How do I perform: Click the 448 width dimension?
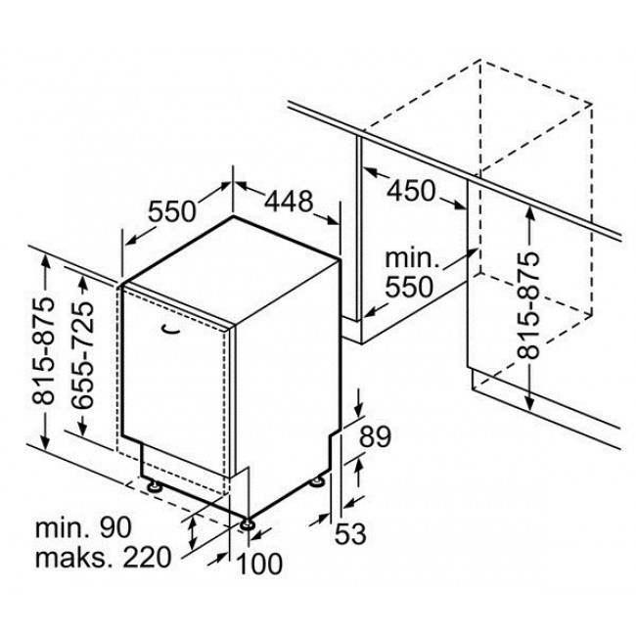[289, 202]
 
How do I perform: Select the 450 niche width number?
[411, 191]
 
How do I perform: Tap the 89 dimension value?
[375, 436]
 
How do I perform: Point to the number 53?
[350, 534]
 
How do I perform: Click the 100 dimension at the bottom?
[259, 564]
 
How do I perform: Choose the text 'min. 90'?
[83, 527]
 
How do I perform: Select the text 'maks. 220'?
[103, 557]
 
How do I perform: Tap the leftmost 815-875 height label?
[43, 351]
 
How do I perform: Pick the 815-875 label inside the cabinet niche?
[528, 305]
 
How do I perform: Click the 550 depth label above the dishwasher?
[172, 211]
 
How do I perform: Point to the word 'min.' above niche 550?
[412, 258]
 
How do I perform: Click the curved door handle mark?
[171, 330]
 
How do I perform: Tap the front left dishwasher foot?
[155, 485]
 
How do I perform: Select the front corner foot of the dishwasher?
[247, 524]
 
